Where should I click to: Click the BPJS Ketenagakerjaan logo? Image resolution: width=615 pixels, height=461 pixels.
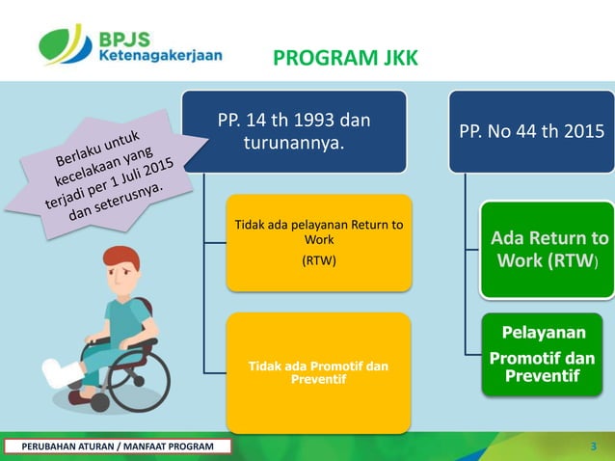pyautogui.click(x=130, y=44)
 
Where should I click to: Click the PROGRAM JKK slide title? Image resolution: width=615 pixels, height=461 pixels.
pyautogui.click(x=345, y=60)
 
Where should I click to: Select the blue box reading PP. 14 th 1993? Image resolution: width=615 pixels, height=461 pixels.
pyautogui.click(x=294, y=132)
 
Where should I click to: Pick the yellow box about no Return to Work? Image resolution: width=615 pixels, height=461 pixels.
pyautogui.click(x=318, y=242)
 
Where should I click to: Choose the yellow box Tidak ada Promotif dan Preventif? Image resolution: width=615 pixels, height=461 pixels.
pyautogui.click(x=318, y=371)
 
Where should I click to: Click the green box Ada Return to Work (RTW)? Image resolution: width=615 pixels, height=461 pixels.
pyautogui.click(x=548, y=249)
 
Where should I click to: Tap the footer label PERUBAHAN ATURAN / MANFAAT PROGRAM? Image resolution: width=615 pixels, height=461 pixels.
pyautogui.click(x=118, y=446)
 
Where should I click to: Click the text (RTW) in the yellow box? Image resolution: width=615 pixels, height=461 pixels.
pyautogui.click(x=318, y=260)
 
